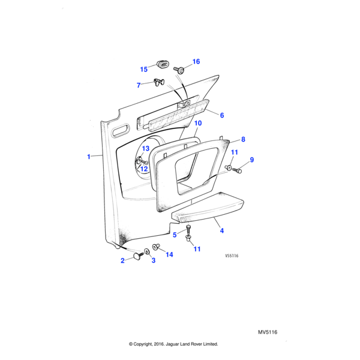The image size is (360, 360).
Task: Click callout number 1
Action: (88, 157)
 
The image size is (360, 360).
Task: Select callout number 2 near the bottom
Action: (122, 260)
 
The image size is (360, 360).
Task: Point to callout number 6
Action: (221, 115)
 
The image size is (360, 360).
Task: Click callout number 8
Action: (243, 139)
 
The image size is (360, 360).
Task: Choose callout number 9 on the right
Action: (252, 160)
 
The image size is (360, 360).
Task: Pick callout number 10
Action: (198, 123)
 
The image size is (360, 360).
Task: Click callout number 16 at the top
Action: (196, 62)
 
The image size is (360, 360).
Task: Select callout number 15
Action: (143, 69)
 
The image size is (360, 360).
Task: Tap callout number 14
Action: (169, 254)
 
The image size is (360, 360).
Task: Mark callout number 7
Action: (139, 85)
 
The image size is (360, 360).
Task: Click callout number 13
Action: (145, 148)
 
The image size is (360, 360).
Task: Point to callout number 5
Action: (175, 235)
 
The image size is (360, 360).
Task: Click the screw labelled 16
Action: (179, 70)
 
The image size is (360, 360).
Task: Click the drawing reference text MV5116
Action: (268, 332)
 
